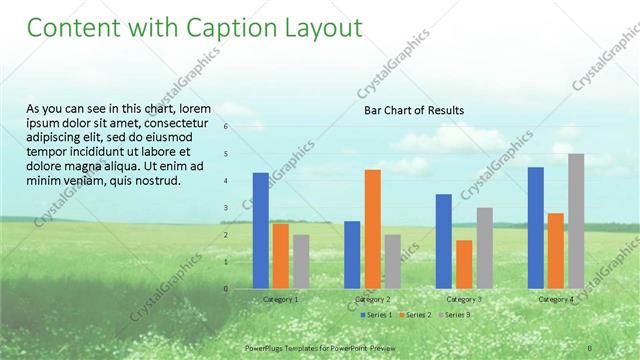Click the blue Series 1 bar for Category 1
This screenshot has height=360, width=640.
[260, 230]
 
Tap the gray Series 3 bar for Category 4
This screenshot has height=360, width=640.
[576, 220]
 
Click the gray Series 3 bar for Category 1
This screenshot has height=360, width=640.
[301, 261]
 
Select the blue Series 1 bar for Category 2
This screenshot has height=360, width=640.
[352, 254]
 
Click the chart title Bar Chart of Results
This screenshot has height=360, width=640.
[413, 110]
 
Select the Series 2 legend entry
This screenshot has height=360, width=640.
[415, 315]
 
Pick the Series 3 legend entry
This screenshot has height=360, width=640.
[456, 315]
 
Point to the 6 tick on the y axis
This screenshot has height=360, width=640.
[226, 127]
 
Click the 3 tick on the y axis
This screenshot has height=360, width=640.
[226, 208]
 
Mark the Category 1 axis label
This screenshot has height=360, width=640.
[280, 299]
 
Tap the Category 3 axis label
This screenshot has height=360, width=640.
[464, 299]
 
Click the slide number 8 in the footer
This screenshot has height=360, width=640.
[590, 347]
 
